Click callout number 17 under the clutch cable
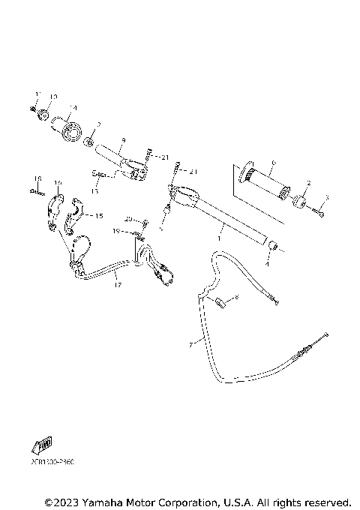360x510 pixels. pos(117,285)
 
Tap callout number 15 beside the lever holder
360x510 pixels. pos(98,215)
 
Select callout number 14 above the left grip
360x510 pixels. pos(73,107)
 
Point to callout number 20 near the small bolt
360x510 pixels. pos(128,219)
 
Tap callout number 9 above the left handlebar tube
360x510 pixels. pos(123,139)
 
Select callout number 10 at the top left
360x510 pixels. pos(53,97)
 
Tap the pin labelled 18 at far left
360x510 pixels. pos(34,190)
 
